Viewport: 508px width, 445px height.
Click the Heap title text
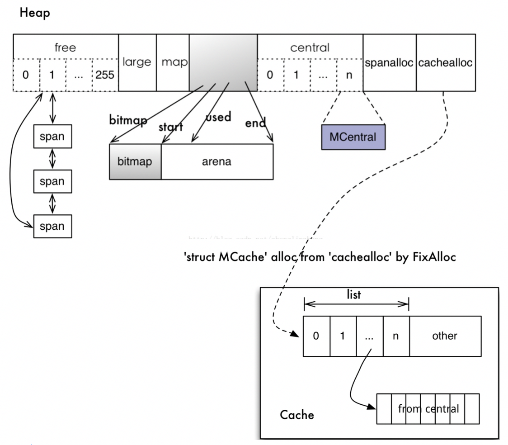pos(35,13)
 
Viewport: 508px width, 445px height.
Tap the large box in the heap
pos(137,62)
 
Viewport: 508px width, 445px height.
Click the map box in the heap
pos(173,62)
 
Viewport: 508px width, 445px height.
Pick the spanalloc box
pos(389,63)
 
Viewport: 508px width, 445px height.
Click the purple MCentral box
pos(353,137)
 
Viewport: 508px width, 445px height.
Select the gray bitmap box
pos(135,161)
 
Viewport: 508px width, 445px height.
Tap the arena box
pos(216,161)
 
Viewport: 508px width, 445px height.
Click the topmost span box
pos(52,137)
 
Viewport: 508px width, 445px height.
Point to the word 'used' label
pos(218,117)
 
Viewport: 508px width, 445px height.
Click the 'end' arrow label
pos(255,123)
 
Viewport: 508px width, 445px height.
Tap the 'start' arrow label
pos(170,127)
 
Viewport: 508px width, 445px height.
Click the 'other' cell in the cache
pos(445,336)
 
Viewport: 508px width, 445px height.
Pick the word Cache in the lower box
pos(296,415)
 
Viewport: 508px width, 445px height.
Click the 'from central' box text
pos(428,409)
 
